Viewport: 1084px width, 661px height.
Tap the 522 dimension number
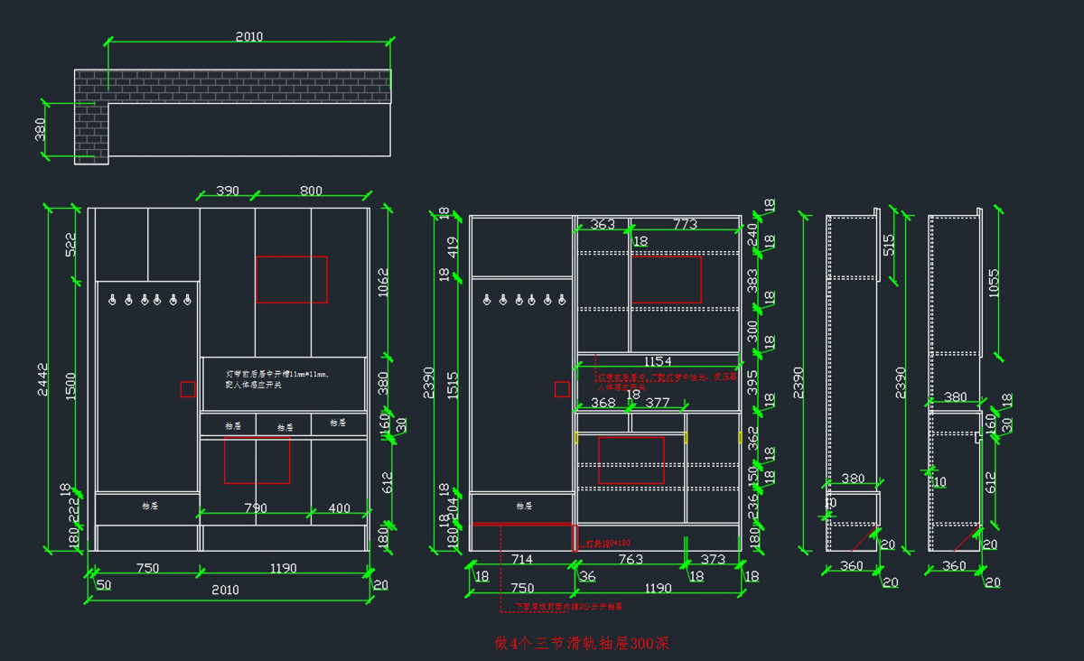70,245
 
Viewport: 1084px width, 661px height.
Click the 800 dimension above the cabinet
311,191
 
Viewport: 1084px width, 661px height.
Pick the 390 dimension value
228,191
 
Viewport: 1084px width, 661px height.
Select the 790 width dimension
256,508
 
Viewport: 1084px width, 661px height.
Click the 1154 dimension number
657,361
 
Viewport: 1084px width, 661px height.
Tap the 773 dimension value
685,224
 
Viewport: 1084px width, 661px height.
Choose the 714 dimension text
522,560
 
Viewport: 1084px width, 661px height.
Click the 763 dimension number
631,560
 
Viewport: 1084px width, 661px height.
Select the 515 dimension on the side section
889,245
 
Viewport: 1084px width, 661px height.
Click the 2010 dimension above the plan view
249,37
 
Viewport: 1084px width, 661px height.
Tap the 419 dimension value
453,246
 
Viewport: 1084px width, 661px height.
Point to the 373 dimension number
713,560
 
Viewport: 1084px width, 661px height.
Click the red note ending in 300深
582,644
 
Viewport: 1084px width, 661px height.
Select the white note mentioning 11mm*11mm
278,378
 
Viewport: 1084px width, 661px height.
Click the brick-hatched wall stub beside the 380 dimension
92,131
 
